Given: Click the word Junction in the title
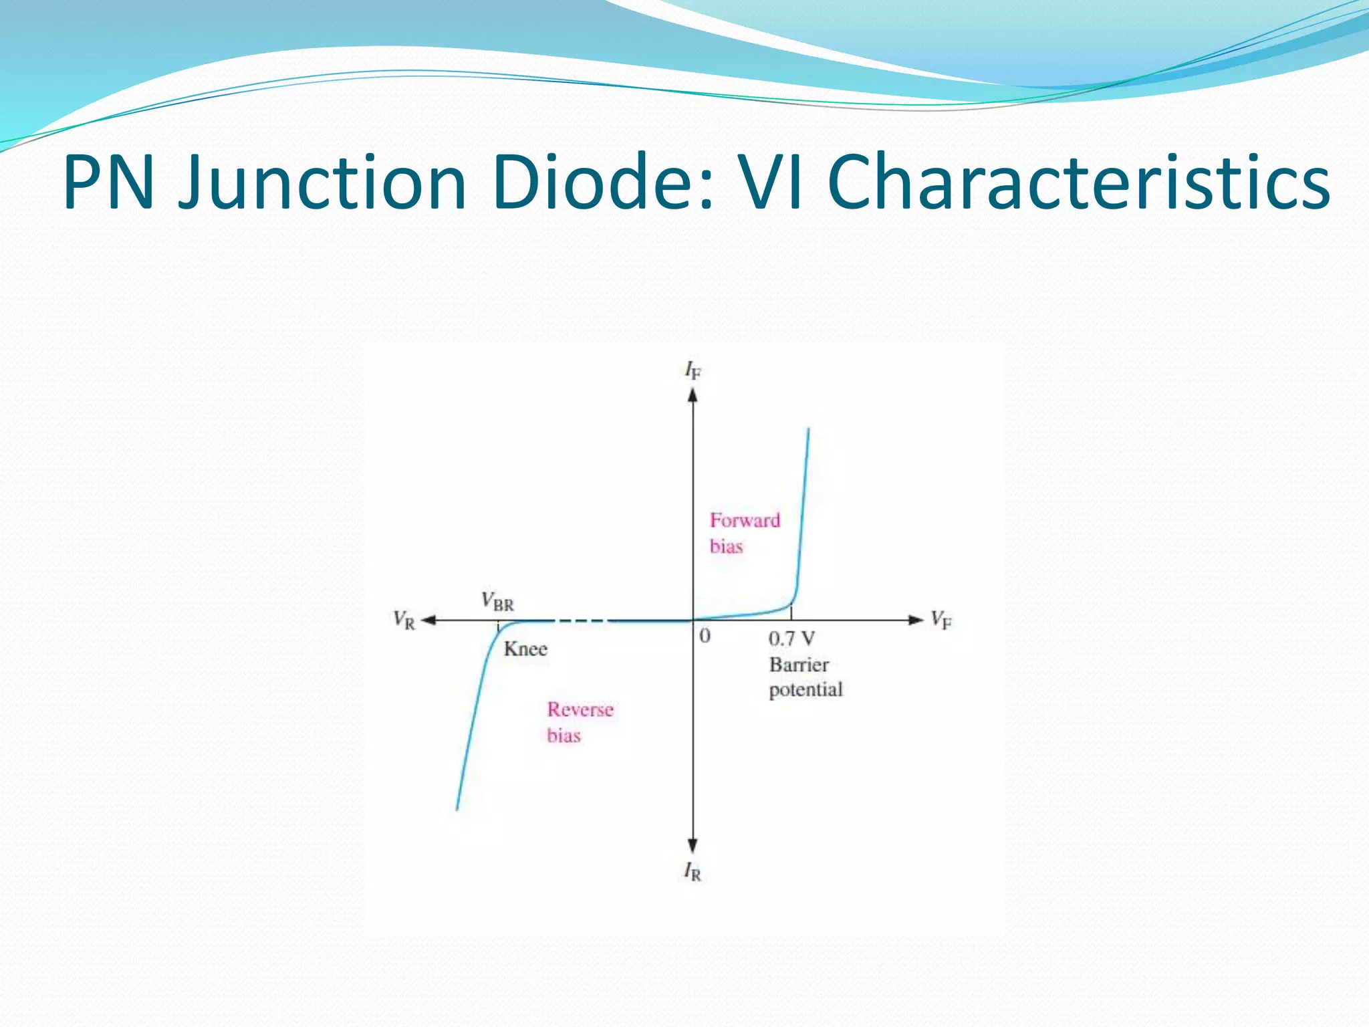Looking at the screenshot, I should (322, 183).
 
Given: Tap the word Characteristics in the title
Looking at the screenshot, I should (1078, 183).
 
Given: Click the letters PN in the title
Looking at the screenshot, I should (110, 183).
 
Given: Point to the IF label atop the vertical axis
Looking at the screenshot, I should (693, 370).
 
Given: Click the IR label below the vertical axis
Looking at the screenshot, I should (693, 871).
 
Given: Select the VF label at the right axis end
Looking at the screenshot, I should (941, 620).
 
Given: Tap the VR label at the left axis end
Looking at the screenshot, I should (404, 620).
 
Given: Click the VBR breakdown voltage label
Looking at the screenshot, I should (498, 601).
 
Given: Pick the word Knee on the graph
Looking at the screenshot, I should (525, 649).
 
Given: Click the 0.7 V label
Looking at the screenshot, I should (791, 639).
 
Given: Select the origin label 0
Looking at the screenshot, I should (705, 636).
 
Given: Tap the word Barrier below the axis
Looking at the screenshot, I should (799, 665).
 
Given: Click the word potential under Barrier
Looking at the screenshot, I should (805, 690).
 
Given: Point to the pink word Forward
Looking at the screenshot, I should (745, 520).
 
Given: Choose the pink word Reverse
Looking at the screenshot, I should (580, 709).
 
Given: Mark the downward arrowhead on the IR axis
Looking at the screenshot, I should (693, 846).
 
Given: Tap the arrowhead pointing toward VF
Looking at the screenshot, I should (916, 620).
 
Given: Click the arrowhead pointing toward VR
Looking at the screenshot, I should (428, 620).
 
